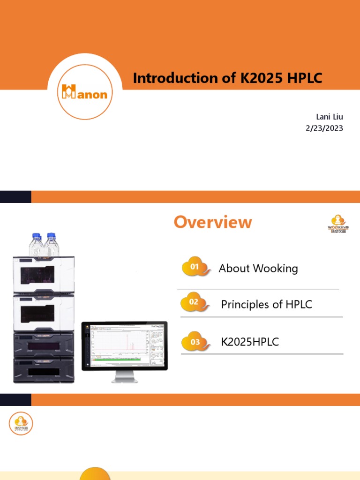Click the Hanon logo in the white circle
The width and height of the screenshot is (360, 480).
(85, 92)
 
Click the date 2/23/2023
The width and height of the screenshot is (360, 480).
(324, 128)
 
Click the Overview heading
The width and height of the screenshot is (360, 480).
(213, 222)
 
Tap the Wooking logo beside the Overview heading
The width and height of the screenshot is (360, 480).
(337, 224)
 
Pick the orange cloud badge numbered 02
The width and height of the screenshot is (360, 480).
(195, 302)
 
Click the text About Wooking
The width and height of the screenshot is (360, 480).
(258, 269)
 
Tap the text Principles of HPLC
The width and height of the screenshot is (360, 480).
(266, 305)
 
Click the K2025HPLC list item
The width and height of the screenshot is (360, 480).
(250, 342)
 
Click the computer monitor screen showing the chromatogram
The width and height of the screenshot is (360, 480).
(124, 345)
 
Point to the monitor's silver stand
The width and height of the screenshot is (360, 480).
(124, 376)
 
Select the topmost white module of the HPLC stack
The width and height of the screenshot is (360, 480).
(44, 275)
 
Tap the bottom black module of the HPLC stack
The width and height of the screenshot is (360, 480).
(44, 370)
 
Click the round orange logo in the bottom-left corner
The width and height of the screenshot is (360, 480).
(21, 424)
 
